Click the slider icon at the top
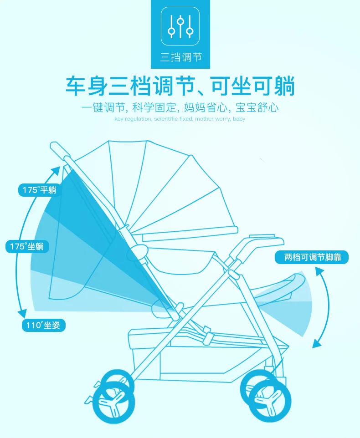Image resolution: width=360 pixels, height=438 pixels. [x=180, y=26]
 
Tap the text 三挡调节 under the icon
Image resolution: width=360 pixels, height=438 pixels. [x=180, y=58]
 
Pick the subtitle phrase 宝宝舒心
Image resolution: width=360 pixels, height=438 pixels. [x=257, y=108]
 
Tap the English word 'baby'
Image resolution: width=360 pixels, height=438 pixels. [x=239, y=119]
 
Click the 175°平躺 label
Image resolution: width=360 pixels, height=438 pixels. [x=40, y=190]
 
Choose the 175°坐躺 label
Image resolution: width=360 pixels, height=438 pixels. [x=27, y=247]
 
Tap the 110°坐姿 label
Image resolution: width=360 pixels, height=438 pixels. [x=43, y=326]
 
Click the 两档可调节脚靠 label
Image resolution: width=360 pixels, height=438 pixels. [x=312, y=258]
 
